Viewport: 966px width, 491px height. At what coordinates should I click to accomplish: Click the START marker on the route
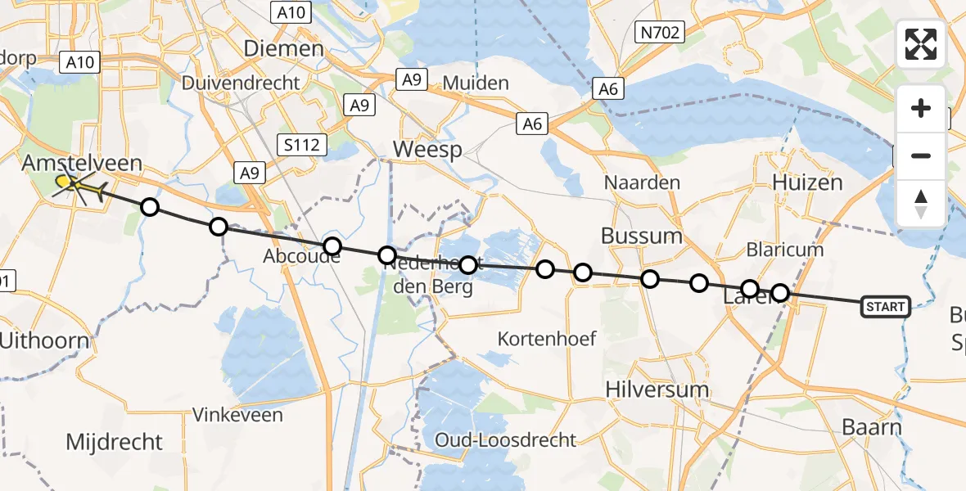coord(885,307)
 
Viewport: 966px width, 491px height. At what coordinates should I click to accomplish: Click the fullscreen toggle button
coord(921,44)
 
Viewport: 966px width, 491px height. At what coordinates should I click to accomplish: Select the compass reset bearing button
coord(921,203)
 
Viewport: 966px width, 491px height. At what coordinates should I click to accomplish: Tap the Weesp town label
coord(427,150)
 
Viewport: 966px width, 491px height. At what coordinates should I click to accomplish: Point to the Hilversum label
coord(657,390)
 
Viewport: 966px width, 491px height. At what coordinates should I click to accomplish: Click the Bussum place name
coord(641,236)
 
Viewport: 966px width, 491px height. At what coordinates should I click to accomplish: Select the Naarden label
coord(642,182)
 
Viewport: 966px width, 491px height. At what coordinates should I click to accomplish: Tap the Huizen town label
coord(807,182)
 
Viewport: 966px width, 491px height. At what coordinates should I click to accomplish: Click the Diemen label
coord(284,49)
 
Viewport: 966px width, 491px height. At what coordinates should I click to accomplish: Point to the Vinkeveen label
coord(237,415)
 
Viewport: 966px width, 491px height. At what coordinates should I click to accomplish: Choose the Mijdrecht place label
coord(115,443)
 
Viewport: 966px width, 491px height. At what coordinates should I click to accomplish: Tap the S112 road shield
coord(302,146)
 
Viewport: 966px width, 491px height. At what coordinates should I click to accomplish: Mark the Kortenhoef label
coord(548,338)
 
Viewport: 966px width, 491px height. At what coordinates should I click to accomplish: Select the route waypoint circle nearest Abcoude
coord(332,246)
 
